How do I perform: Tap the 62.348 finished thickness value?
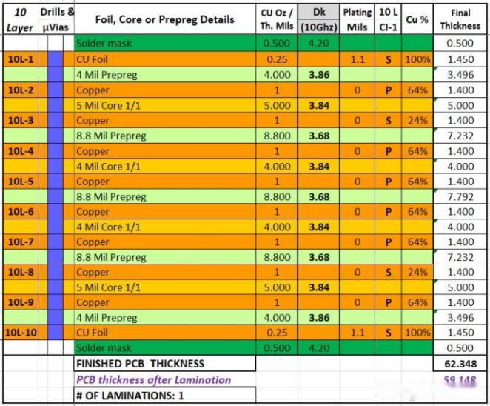click(459, 364)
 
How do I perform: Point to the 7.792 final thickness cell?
click(459, 196)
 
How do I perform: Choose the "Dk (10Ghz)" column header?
click(318, 19)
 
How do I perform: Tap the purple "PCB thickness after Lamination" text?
click(153, 379)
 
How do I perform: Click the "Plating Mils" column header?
click(358, 19)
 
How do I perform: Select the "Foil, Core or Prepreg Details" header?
click(164, 19)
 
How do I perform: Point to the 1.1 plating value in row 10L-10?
click(358, 333)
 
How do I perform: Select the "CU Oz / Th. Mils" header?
click(276, 19)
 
